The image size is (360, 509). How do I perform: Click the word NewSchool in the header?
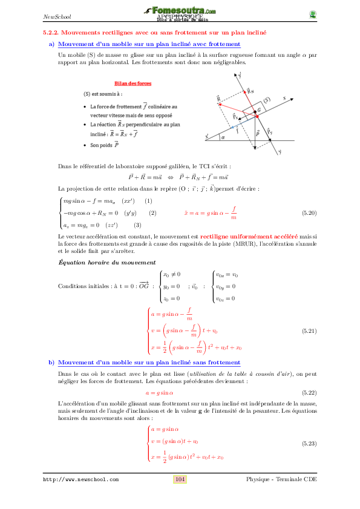point(56,16)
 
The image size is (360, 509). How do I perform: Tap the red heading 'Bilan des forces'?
point(133,84)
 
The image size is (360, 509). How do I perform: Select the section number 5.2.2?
point(46,31)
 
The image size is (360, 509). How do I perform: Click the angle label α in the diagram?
point(223,137)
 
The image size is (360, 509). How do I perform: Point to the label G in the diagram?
point(259,110)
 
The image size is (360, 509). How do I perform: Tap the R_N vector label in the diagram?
point(250,91)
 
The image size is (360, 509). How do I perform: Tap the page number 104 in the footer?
point(180,479)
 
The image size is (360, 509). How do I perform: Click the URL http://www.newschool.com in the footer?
point(80,479)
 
